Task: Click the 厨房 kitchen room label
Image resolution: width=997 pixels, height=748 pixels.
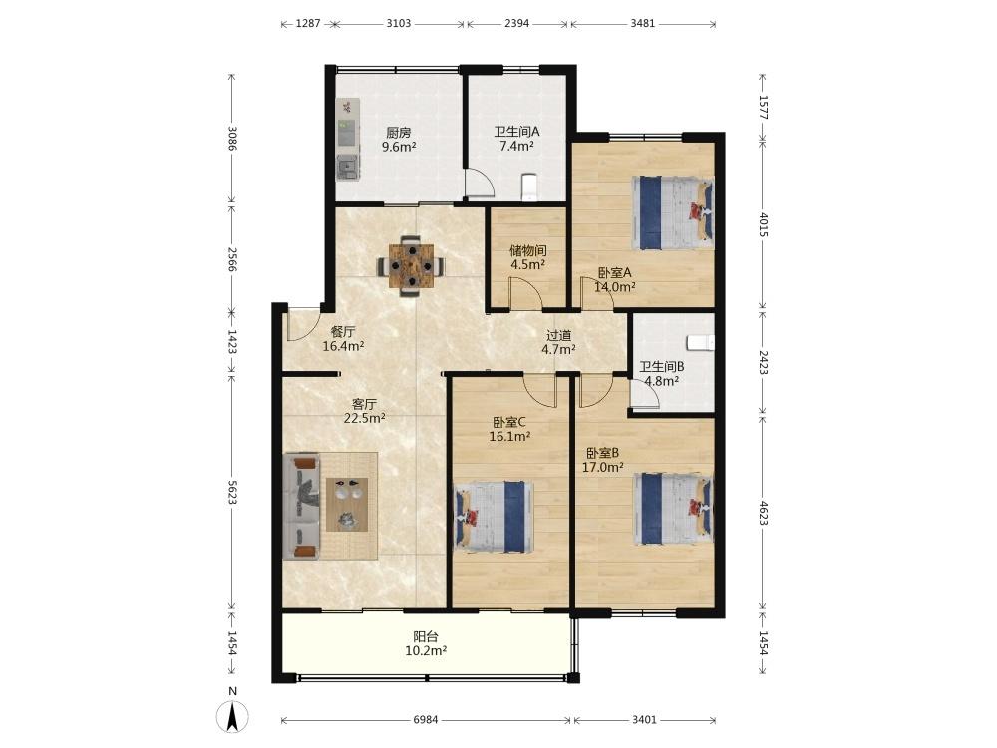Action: (399, 133)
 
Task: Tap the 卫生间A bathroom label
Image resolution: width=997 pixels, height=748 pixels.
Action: (516, 132)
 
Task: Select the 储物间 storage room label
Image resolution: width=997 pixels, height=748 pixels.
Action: (528, 250)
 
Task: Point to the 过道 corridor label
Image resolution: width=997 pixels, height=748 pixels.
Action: (559, 334)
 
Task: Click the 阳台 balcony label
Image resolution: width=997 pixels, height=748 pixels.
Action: (426, 636)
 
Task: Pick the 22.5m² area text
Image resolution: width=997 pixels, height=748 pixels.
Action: (364, 418)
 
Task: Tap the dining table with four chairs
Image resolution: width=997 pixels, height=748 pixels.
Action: (412, 265)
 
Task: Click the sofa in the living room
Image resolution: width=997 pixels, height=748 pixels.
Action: (301, 506)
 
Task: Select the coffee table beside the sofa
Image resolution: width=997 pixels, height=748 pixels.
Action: (347, 504)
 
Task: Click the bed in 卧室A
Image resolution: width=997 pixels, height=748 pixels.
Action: (673, 212)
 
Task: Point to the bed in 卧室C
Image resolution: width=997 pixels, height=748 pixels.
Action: (494, 516)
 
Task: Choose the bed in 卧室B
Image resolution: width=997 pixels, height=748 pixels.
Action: (673, 509)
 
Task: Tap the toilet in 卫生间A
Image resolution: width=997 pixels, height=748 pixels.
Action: (529, 187)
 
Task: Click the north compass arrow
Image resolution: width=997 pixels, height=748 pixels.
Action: (233, 716)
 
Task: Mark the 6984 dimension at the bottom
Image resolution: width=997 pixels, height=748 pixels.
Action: (426, 720)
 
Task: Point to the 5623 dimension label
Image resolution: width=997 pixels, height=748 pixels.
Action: (233, 493)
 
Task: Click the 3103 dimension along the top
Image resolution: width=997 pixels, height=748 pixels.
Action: (399, 24)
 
